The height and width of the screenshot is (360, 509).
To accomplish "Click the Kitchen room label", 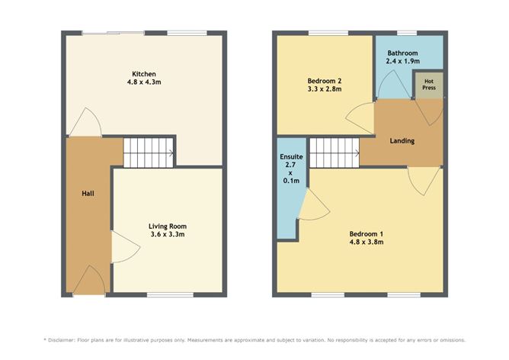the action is click(144, 74).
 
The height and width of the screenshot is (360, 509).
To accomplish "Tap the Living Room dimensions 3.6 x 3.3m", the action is click(168, 234).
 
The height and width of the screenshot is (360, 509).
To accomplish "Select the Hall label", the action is click(88, 193).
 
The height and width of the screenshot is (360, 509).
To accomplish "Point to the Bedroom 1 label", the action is click(367, 234).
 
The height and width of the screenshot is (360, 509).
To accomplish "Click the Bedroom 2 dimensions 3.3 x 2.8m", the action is click(325, 88).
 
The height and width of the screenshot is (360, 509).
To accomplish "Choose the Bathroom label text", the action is click(402, 53).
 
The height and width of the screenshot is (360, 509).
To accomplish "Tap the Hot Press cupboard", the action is click(429, 85).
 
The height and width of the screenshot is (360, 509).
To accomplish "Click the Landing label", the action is click(402, 140).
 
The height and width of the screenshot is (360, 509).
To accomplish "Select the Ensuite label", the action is click(291, 156).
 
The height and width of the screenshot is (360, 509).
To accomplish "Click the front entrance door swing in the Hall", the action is click(89, 279).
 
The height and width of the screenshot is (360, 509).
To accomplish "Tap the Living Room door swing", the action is click(125, 247).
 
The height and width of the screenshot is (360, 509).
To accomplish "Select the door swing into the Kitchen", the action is click(85, 122).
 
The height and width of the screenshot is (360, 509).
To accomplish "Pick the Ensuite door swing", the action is click(314, 204).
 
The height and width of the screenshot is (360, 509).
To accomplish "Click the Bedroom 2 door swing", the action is click(360, 117).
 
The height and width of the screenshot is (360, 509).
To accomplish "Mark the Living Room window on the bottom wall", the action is click(170, 294).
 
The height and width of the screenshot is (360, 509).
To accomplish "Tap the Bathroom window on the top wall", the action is click(407, 33).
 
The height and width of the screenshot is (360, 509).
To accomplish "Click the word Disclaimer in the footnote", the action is click(62, 340).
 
